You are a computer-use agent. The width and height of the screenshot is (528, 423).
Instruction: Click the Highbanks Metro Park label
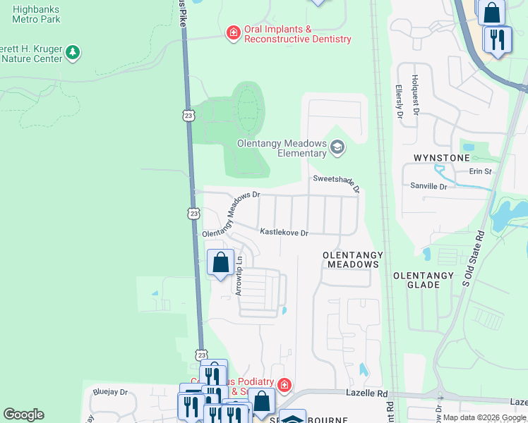36,13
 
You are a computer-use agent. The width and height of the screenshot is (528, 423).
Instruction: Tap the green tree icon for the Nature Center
72,52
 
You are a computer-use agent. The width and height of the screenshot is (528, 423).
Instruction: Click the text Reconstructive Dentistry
297,39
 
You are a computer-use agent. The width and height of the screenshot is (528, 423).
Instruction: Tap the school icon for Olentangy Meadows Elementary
337,147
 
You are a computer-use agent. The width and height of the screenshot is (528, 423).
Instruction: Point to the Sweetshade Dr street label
337,183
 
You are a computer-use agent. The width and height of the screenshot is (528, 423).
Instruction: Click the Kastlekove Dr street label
284,232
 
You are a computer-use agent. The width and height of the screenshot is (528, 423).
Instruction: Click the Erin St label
480,171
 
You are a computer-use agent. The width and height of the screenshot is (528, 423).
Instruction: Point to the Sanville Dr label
428,187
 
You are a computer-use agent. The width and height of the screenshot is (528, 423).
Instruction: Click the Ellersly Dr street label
399,102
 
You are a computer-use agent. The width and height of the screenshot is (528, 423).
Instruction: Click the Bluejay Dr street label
109,392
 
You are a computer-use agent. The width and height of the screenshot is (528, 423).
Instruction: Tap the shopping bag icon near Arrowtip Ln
220,263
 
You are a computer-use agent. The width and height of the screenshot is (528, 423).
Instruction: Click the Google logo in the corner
23,415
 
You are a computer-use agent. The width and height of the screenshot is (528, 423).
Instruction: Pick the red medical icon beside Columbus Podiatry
284,385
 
